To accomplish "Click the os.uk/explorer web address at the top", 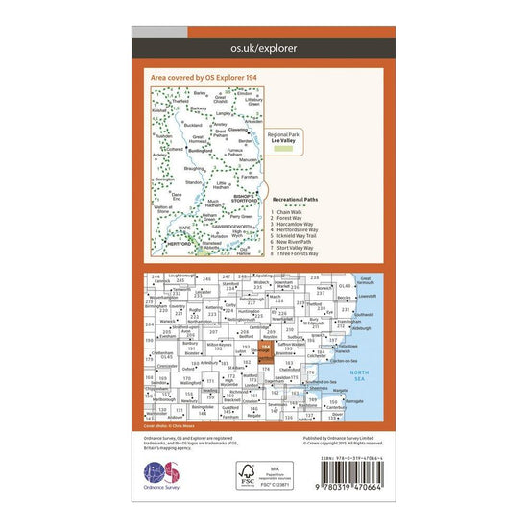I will pos(264,46).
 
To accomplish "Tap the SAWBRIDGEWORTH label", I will pos(231,225).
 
